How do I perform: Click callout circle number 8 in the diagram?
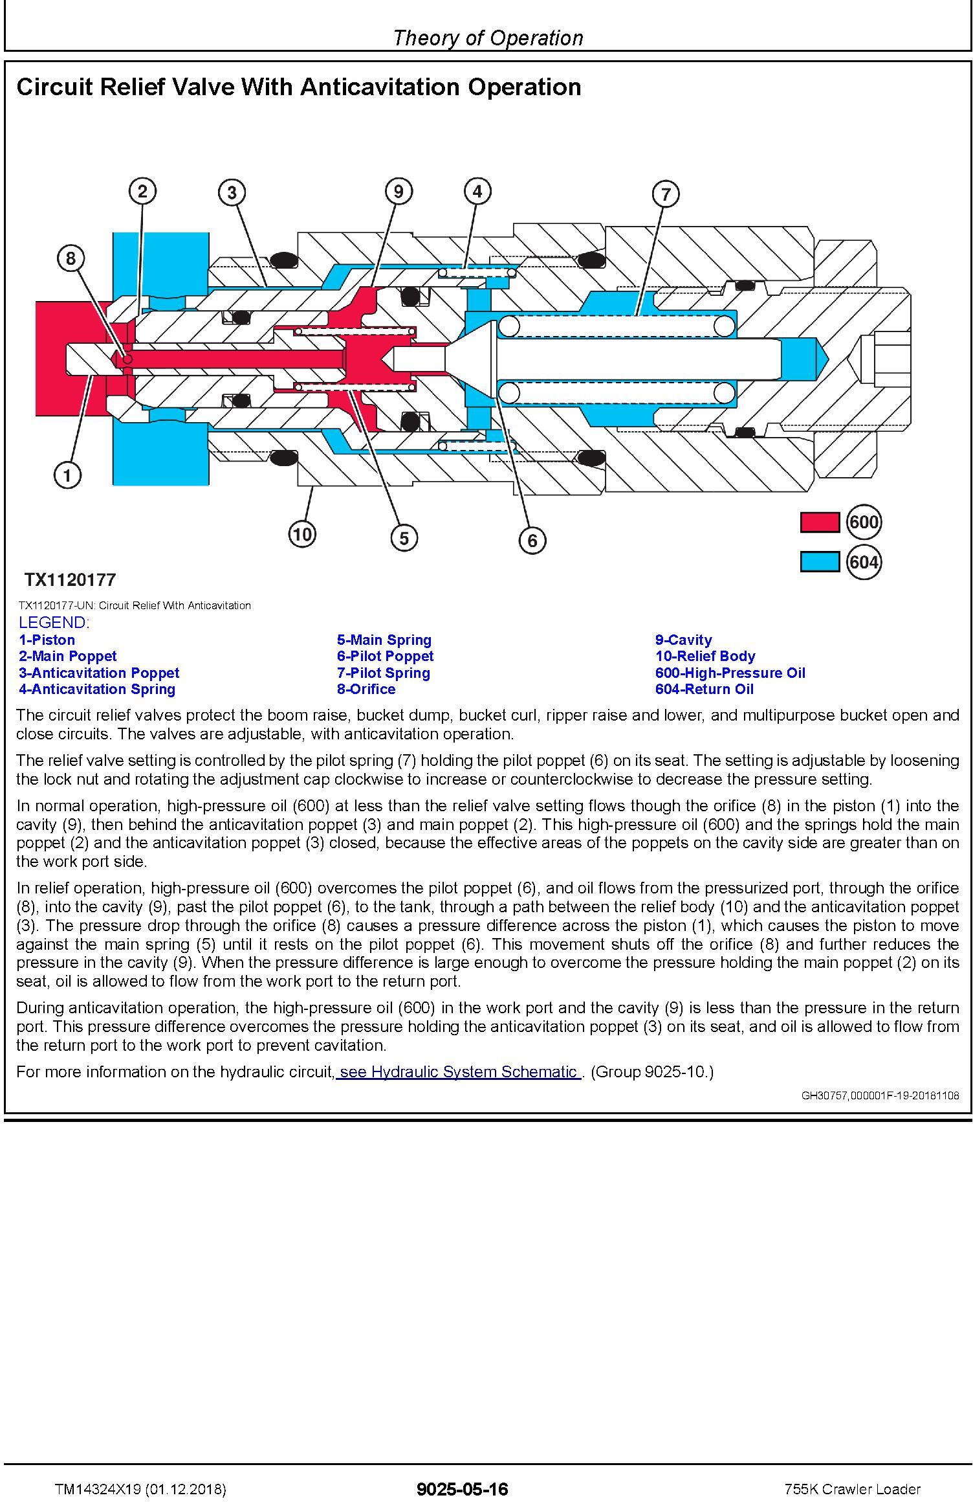pyautogui.click(x=71, y=259)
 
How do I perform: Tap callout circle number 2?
pyautogui.click(x=142, y=191)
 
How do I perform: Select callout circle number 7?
pyautogui.click(x=666, y=194)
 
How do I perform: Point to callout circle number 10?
pyautogui.click(x=302, y=534)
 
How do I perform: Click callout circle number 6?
pyautogui.click(x=532, y=540)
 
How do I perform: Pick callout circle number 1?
pyautogui.click(x=67, y=475)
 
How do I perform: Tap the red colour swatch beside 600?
pyautogui.click(x=819, y=522)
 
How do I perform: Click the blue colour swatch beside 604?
pyautogui.click(x=819, y=561)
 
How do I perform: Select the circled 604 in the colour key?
pyautogui.click(x=864, y=561)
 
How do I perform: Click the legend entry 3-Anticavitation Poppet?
pyautogui.click(x=99, y=673)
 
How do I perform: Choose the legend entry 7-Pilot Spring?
pyautogui.click(x=383, y=673)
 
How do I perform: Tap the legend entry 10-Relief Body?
pyautogui.click(x=705, y=656)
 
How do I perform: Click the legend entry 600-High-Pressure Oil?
pyautogui.click(x=730, y=673)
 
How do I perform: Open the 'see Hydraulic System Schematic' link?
pyautogui.click(x=458, y=1071)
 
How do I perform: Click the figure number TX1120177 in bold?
pyautogui.click(x=70, y=579)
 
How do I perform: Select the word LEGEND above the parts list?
pyautogui.click(x=53, y=623)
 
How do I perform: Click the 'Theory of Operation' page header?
pyautogui.click(x=488, y=38)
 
